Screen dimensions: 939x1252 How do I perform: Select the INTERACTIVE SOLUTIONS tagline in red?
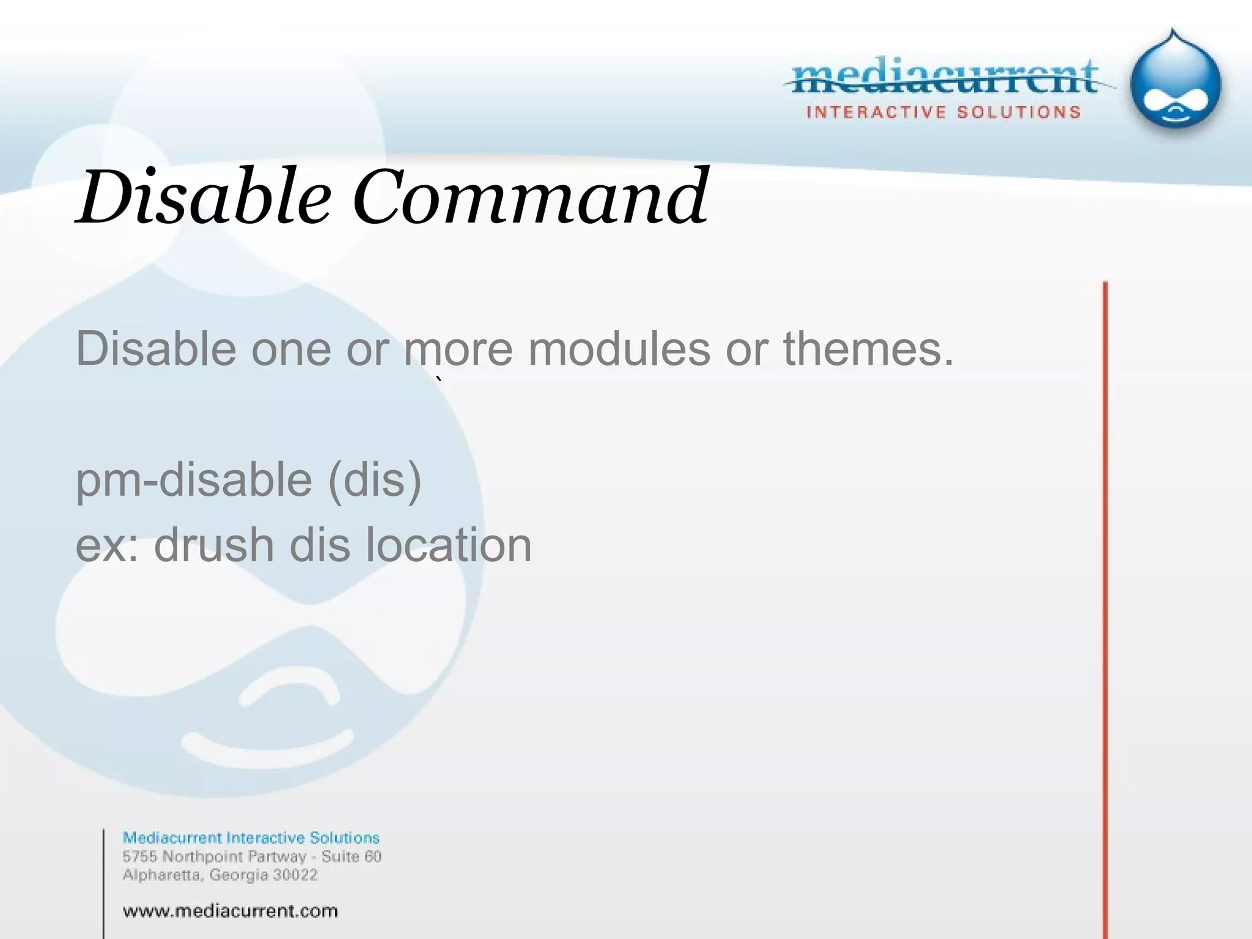(x=943, y=112)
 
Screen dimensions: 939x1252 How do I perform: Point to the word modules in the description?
(x=619, y=349)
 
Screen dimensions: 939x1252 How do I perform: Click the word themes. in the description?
(x=868, y=349)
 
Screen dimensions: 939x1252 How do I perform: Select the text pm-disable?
(x=194, y=480)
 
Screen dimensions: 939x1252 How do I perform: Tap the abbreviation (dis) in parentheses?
(x=375, y=480)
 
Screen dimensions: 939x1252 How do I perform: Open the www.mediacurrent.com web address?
(x=230, y=911)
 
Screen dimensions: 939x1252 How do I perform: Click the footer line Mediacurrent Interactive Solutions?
(x=251, y=838)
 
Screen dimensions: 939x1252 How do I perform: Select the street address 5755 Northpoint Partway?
(x=214, y=856)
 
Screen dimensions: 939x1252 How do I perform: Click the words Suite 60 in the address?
(x=351, y=856)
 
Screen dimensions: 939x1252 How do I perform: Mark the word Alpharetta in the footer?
(x=163, y=875)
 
